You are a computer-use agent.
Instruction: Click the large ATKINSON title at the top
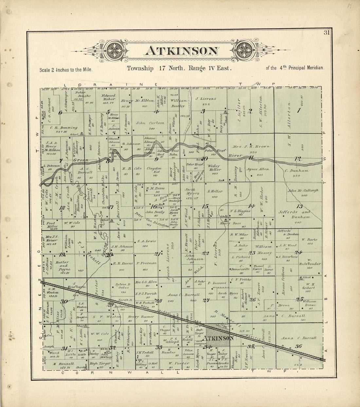point(181,51)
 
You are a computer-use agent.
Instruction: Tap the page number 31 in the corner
point(327,32)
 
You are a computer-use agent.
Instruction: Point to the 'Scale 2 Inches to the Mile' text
point(66,70)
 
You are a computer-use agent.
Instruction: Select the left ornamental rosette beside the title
point(116,51)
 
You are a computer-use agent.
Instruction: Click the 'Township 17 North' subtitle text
point(147,68)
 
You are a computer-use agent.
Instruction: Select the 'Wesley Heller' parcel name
point(213,168)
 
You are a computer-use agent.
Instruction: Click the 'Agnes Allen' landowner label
point(260,169)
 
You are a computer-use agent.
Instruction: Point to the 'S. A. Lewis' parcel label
point(145,241)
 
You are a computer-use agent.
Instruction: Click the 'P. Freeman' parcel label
point(146,263)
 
